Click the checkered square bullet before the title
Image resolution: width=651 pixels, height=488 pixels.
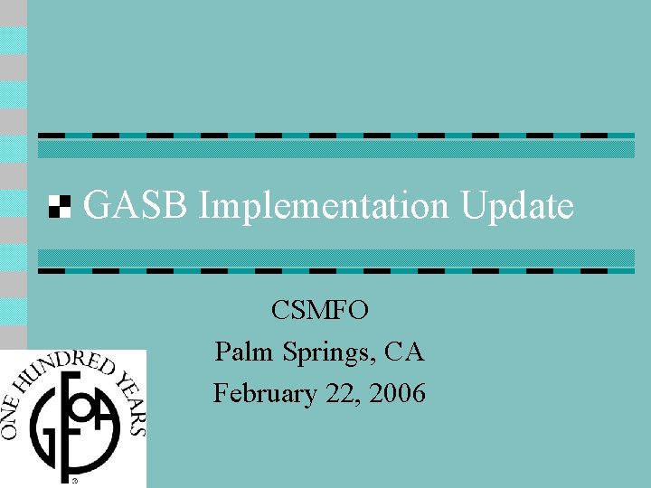[59, 207]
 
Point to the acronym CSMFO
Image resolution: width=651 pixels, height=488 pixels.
[319, 311]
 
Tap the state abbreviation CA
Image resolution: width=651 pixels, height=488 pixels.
[403, 352]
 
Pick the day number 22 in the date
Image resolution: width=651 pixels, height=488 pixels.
[341, 394]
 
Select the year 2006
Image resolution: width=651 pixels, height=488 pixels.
[396, 394]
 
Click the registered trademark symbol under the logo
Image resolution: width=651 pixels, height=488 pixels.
[75, 481]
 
